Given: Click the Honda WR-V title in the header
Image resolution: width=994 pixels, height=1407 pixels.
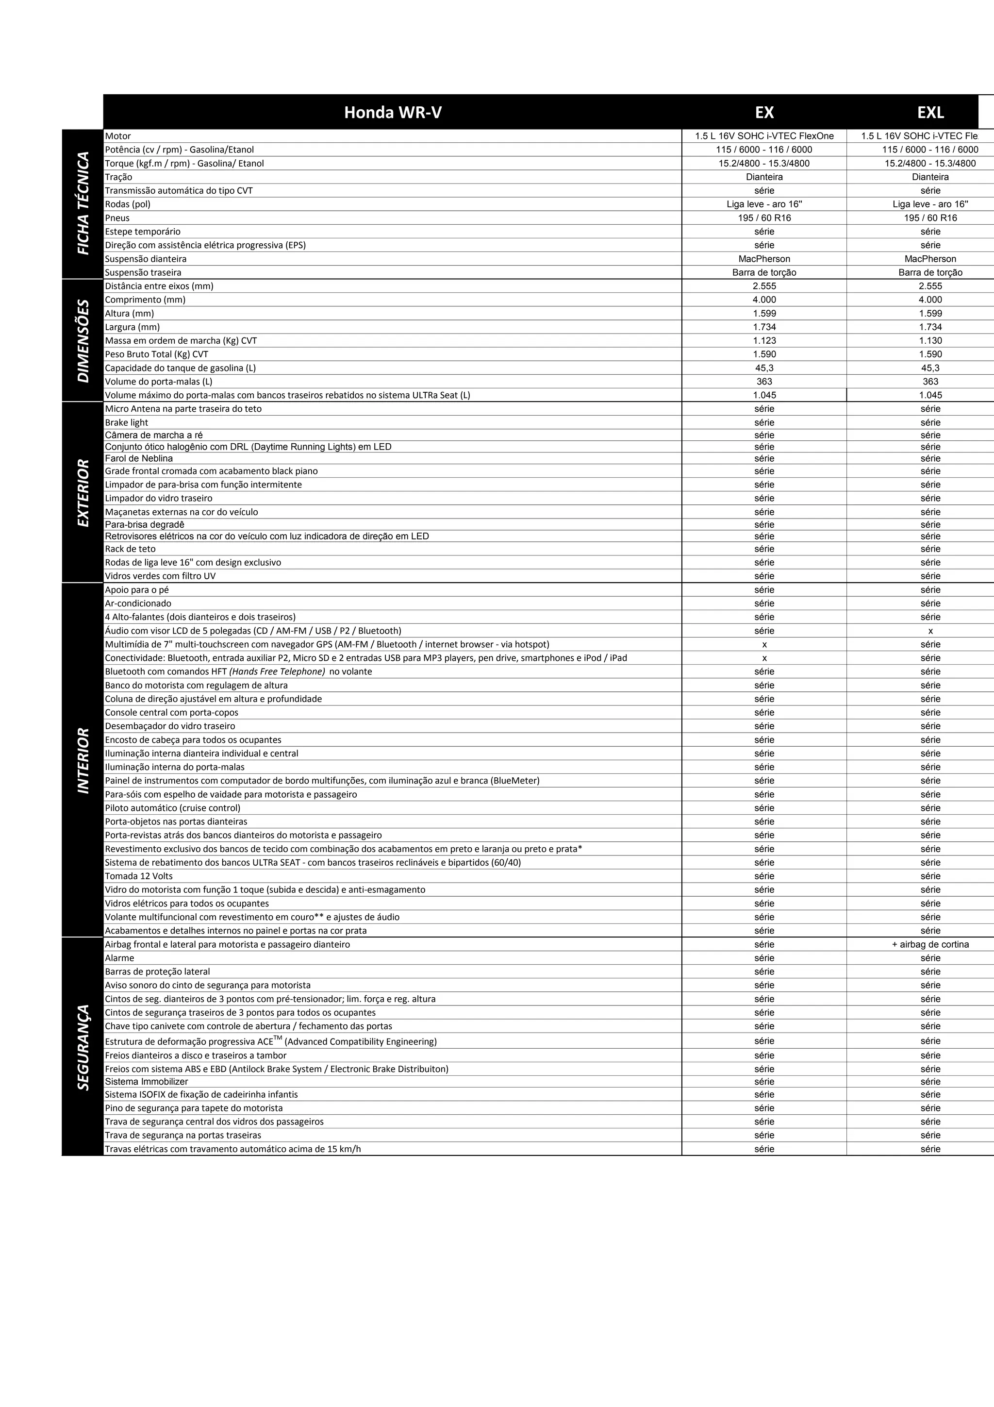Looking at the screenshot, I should pyautogui.click(x=393, y=113).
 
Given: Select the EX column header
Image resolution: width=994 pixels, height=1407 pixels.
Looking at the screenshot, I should pyautogui.click(x=764, y=113).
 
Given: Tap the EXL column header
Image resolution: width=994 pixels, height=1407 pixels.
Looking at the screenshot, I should pyautogui.click(x=930, y=113).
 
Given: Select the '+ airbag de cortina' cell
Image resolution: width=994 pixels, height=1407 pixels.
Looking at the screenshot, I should pyautogui.click(x=930, y=944).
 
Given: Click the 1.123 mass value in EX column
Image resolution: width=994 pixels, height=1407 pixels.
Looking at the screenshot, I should pyautogui.click(x=764, y=341).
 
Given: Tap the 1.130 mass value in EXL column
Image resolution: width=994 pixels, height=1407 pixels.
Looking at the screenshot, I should pyautogui.click(x=930, y=341).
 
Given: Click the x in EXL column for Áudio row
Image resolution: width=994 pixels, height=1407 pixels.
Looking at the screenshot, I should pyautogui.click(x=930, y=631).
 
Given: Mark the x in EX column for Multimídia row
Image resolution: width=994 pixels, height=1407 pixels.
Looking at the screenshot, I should pyautogui.click(x=764, y=645).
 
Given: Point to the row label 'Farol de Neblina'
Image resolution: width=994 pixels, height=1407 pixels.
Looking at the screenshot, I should pyautogui.click(x=139, y=458).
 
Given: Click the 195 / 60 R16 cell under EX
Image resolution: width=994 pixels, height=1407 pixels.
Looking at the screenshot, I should pyautogui.click(x=764, y=218).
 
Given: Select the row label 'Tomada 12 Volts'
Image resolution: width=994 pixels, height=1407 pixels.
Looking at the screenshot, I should pyautogui.click(x=139, y=876).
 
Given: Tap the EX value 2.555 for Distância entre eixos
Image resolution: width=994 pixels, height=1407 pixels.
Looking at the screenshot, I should pyautogui.click(x=764, y=286).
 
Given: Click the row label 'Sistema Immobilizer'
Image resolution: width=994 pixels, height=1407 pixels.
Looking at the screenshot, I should pyautogui.click(x=147, y=1082).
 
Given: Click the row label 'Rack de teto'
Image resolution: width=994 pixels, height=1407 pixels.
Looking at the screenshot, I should pyautogui.click(x=131, y=549).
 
